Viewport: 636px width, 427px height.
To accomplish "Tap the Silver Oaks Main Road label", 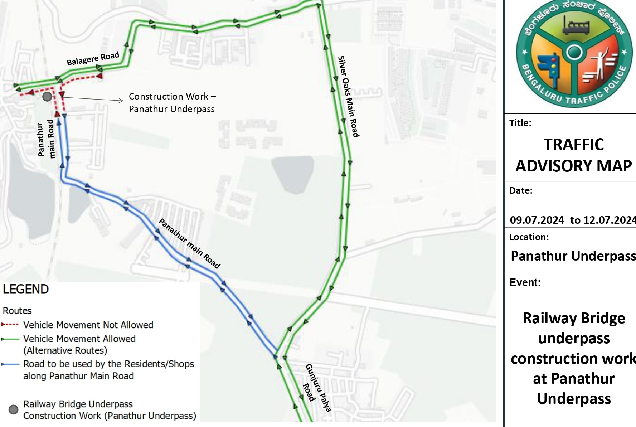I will pos(348,96).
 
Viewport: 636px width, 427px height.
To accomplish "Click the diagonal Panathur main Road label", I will pos(189,244).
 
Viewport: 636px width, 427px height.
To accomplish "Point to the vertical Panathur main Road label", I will pos(46,139).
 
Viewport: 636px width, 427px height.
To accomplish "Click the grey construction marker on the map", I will pos(47,97).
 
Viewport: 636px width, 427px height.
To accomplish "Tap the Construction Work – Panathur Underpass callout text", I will pos(172,102).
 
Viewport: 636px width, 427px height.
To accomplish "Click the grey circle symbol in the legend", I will pos(13,409).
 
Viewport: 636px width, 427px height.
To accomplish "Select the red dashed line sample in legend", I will pos(10,325).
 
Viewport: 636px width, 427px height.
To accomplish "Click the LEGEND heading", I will pos(26,289).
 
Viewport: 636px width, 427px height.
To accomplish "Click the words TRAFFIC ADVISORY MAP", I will pos(574,155).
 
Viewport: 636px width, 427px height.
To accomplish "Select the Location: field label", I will pos(529,237).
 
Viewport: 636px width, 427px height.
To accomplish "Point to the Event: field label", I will pos(525,282).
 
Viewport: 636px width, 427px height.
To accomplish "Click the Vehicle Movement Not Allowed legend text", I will pos(88,325).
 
